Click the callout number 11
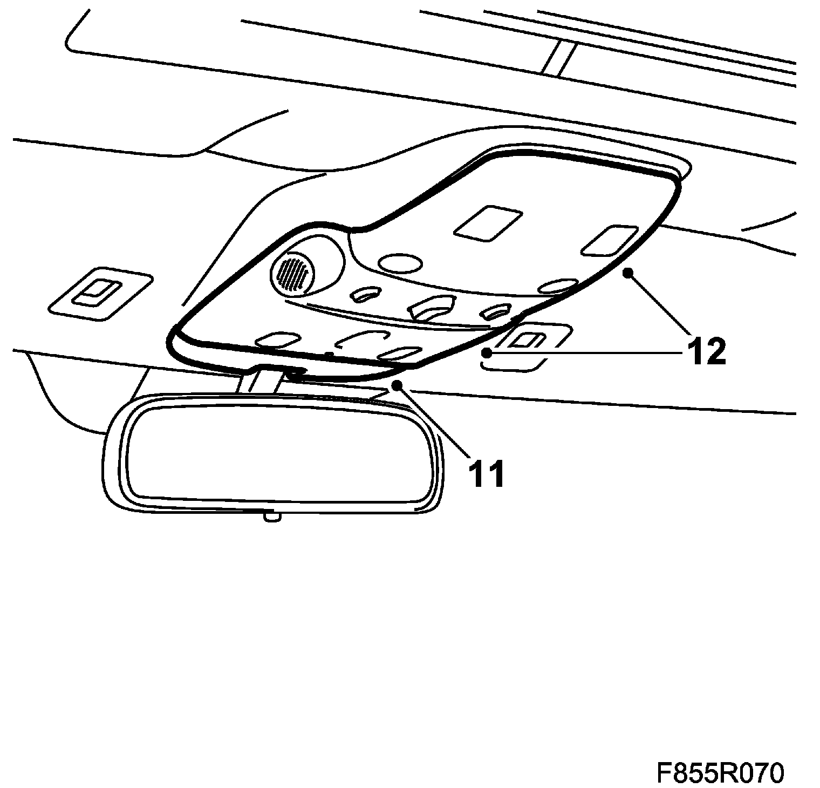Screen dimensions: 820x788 coord(486,473)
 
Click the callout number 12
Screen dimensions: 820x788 coord(705,352)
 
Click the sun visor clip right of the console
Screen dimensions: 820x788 coord(526,341)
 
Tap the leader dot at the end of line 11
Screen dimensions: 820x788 coord(397,385)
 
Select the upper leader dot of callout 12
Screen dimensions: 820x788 coord(627,274)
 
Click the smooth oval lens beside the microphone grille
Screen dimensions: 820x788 coord(400,263)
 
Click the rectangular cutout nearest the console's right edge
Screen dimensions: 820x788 coord(608,240)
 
